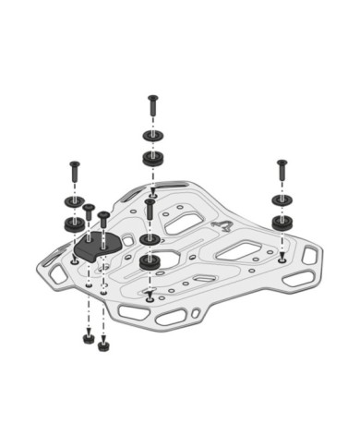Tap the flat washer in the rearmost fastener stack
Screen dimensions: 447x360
click(x=151, y=136)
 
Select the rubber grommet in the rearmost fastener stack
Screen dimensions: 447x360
click(x=151, y=157)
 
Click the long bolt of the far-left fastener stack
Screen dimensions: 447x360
click(x=73, y=174)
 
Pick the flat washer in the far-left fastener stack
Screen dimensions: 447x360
click(x=72, y=201)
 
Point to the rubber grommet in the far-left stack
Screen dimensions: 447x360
click(x=72, y=223)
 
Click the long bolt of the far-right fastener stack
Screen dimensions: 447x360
click(x=281, y=172)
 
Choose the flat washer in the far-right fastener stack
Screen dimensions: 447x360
click(x=281, y=199)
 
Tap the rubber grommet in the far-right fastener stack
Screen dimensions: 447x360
click(x=281, y=221)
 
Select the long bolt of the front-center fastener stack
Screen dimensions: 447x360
click(x=150, y=211)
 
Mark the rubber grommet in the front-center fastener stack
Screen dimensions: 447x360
click(x=150, y=262)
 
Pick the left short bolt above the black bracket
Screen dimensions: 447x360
click(x=89, y=214)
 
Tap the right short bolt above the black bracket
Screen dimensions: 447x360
click(x=104, y=222)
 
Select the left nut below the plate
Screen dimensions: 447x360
click(x=86, y=340)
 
